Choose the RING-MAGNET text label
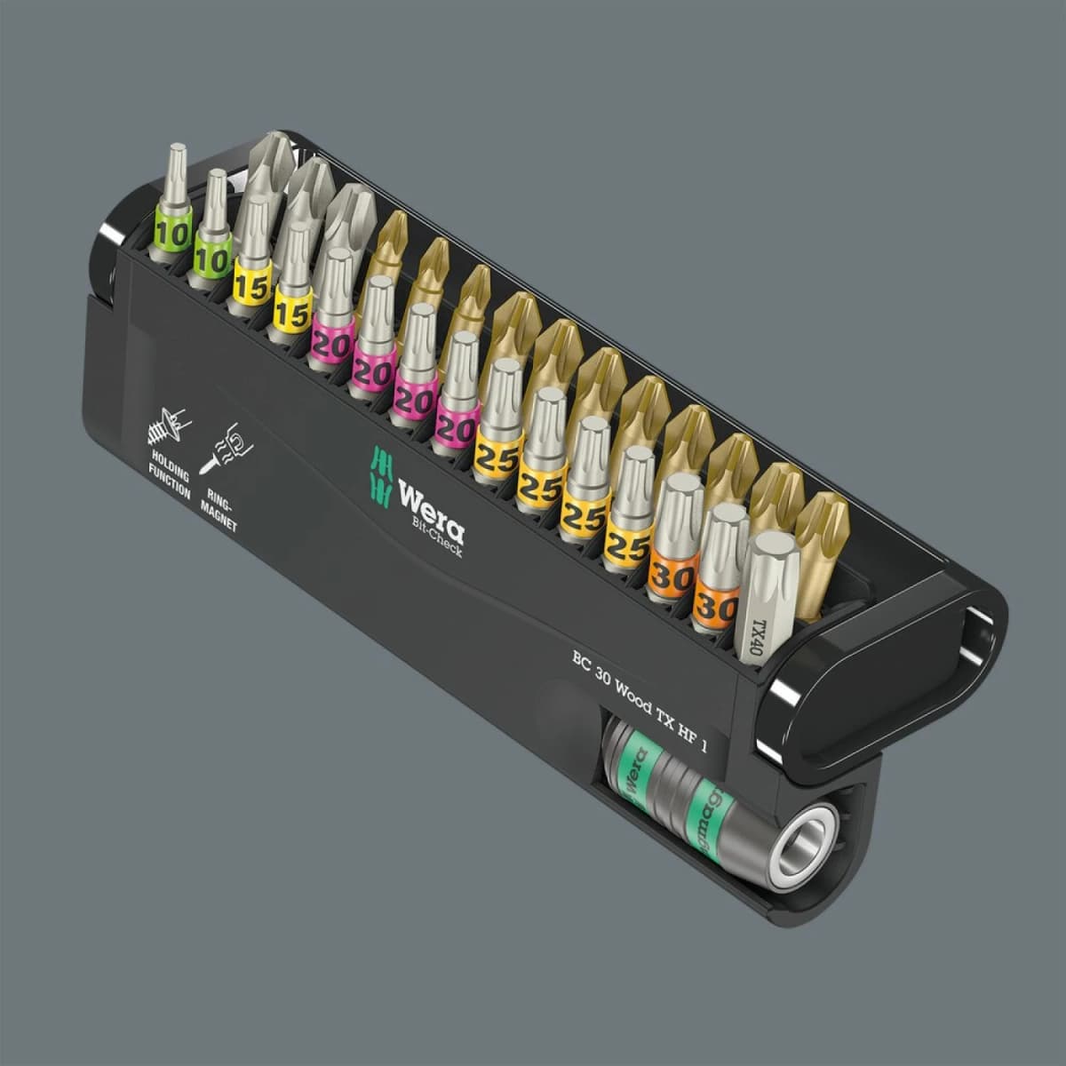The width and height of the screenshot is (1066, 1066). click(218, 507)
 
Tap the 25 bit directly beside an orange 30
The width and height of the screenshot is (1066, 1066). click(629, 524)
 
